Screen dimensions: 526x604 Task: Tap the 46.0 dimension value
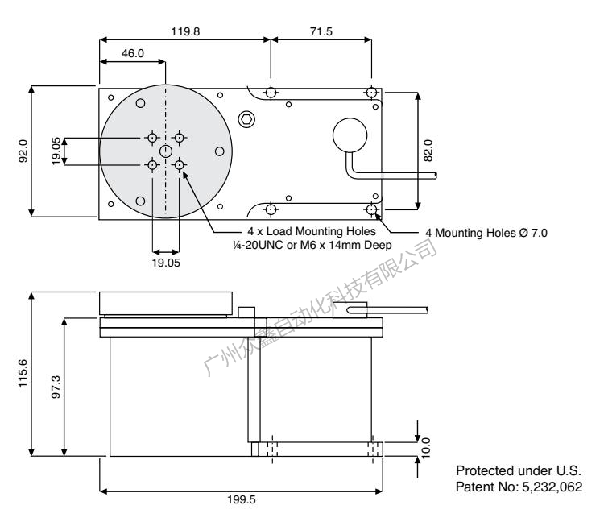point(131,52)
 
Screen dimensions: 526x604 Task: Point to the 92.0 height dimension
point(23,151)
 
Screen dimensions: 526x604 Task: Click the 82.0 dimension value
point(428,151)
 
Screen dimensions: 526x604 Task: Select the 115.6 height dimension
point(22,373)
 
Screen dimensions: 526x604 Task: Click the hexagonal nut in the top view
point(246,119)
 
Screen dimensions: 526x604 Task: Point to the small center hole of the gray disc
point(166,151)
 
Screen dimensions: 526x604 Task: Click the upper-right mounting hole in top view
point(370,93)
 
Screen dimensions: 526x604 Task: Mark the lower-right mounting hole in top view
point(370,210)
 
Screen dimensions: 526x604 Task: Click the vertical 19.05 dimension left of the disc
point(56,151)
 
